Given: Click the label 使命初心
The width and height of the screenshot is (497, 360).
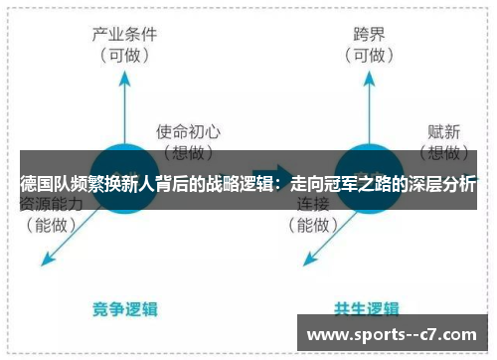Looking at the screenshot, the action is [188, 130].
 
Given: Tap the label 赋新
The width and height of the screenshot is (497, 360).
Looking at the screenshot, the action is [441, 130].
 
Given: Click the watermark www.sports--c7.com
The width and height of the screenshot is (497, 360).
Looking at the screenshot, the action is [395, 333].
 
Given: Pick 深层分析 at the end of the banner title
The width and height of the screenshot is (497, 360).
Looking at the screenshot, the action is [442, 184].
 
